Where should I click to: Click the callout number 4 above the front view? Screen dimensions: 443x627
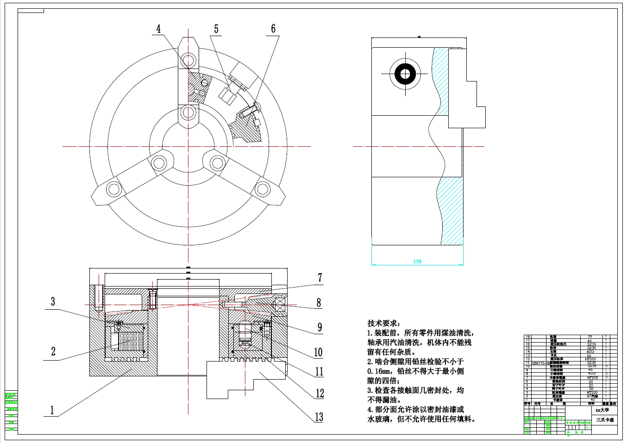click(158, 29)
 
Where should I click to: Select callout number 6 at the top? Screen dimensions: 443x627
click(273, 29)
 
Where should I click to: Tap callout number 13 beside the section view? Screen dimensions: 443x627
click(319, 417)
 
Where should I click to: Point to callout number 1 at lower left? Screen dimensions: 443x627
click(52, 410)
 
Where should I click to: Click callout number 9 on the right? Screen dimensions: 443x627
click(320, 327)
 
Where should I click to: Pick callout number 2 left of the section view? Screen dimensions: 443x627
click(53, 351)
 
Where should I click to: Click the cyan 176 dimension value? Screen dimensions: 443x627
click(417, 262)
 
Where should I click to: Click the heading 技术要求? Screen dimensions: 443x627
click(384, 323)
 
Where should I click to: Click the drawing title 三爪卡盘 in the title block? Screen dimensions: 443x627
click(605, 419)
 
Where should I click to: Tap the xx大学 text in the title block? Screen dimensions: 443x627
click(602, 410)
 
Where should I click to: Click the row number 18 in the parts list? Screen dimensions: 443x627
click(527, 337)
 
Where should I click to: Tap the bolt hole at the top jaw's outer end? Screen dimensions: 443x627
click(188, 60)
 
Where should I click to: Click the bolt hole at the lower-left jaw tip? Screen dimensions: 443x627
click(113, 189)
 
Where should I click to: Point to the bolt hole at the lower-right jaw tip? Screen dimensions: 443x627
click(262, 189)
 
